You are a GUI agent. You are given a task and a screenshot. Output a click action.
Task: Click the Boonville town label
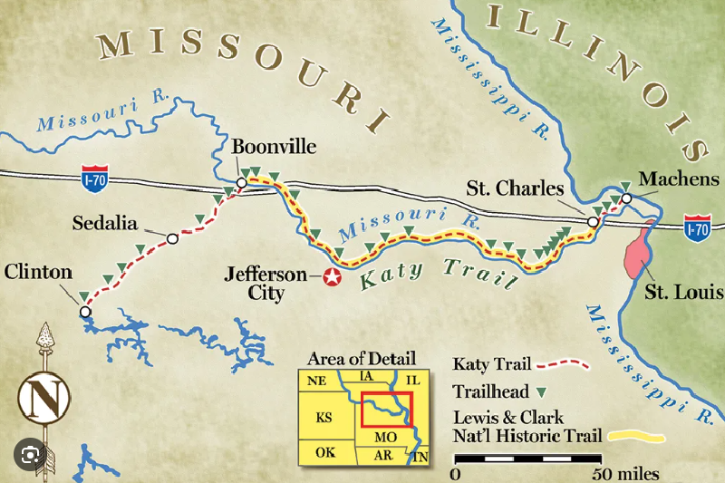click(x=269, y=147)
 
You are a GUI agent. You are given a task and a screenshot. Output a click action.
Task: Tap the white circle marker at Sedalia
click(x=172, y=239)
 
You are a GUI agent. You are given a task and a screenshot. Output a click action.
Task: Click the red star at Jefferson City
click(x=333, y=277)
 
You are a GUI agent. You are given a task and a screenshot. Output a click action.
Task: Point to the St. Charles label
click(x=515, y=189)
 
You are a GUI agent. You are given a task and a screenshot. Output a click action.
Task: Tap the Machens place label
click(x=678, y=179)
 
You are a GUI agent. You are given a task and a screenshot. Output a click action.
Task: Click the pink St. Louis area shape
click(x=640, y=247)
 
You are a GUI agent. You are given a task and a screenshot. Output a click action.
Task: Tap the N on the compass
click(x=39, y=397)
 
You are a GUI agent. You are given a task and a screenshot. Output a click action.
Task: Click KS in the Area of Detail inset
click(x=324, y=419)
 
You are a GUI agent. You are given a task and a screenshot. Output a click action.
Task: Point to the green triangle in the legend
click(x=542, y=391)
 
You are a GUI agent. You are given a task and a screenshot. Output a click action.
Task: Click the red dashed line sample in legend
click(x=563, y=365)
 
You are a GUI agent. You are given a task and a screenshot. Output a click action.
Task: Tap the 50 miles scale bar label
click(x=626, y=473)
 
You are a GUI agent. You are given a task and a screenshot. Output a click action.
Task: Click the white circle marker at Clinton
click(x=85, y=312)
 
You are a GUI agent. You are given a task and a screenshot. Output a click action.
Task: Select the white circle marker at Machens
click(x=626, y=198)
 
